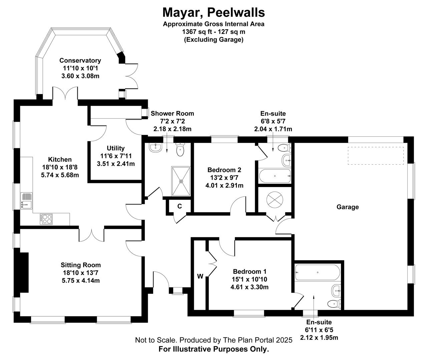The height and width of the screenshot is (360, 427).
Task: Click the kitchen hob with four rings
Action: click(46, 219)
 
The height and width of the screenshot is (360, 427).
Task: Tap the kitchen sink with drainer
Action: click(26, 201)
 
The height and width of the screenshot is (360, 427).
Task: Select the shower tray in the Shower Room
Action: click(181, 181)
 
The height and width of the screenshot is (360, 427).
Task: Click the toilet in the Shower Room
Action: click(180, 149)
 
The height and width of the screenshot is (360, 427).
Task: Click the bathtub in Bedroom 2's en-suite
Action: click(275, 176)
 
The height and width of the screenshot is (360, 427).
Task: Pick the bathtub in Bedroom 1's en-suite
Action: click(317, 272)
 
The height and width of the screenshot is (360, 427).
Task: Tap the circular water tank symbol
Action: click(275, 199)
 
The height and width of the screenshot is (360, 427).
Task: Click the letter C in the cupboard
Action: click(179, 206)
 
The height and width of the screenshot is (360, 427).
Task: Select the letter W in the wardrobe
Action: click(200, 276)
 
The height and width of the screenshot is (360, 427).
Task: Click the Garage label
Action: click(348, 207)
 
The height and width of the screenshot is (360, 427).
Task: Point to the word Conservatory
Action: click(80, 60)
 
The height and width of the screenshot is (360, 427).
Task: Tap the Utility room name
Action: click(115, 148)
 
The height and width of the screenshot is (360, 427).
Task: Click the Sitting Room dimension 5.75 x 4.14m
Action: click(81, 281)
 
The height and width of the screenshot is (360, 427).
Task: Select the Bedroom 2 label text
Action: click(224, 170)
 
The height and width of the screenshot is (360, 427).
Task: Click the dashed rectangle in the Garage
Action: click(376, 156)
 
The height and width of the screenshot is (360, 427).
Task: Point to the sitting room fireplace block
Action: click(22, 273)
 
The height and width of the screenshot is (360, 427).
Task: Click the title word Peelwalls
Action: click(236, 12)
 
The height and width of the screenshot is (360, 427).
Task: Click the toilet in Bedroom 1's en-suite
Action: click(334, 304)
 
